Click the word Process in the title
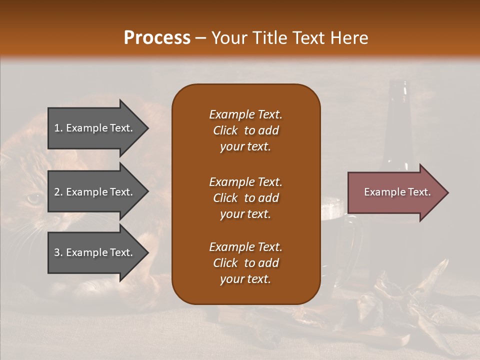pos(157,37)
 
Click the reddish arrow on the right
pos(395,192)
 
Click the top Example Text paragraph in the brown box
pos(245,130)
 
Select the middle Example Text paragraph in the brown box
pos(245,198)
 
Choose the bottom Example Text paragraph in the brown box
pos(245,263)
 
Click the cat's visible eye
pos(33,198)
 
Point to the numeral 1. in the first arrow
pos(58,128)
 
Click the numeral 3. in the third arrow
pos(58,252)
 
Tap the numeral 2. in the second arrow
pos(58,192)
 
